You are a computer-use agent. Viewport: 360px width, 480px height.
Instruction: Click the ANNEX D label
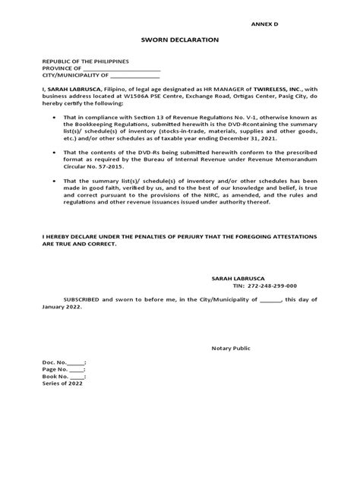[265, 24]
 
